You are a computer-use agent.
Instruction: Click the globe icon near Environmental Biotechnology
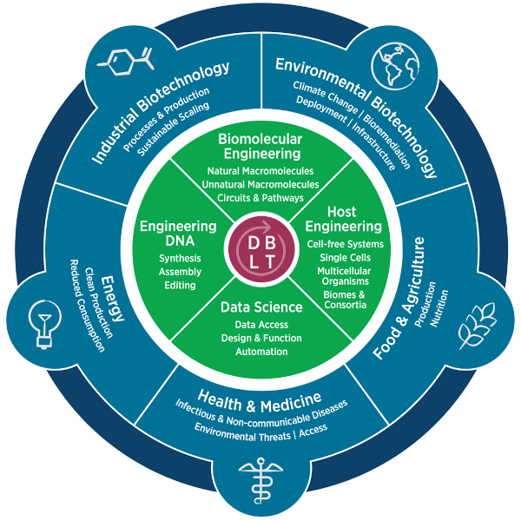[395, 66]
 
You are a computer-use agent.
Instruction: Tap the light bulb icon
[44, 324]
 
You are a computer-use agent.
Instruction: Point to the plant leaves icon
[477, 326]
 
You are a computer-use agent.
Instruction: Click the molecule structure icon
[126, 62]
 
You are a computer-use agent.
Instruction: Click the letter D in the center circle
[254, 243]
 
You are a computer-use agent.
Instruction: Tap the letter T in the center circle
[270, 262]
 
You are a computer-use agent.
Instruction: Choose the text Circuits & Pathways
[260, 198]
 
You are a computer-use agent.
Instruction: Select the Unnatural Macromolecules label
[260, 184]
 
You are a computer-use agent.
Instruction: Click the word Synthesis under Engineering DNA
[180, 258]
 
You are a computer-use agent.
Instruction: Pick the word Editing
[180, 285]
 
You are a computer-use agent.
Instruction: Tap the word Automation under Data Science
[261, 352]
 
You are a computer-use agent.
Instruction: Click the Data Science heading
[261, 307]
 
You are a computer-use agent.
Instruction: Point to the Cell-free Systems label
[346, 244]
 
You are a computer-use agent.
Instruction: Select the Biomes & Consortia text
[345, 300]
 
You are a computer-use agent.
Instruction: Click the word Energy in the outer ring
[113, 299]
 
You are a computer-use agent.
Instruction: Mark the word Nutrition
[439, 308]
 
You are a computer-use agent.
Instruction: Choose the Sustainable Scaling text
[174, 129]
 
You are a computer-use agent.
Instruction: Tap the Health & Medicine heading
[260, 402]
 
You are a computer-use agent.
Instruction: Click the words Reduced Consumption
[87, 306]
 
